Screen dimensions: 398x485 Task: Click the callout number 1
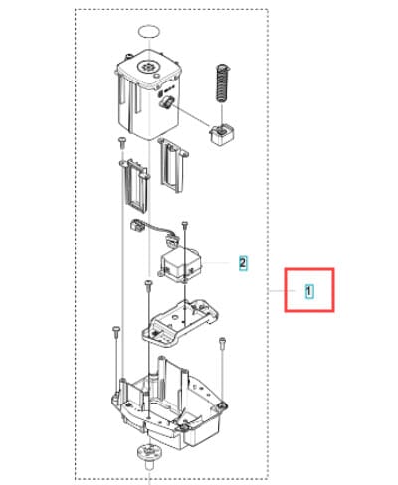click(308, 291)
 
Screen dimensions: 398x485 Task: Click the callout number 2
click(243, 263)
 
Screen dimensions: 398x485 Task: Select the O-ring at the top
click(149, 32)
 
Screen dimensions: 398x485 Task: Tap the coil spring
click(223, 82)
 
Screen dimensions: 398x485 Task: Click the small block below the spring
click(222, 134)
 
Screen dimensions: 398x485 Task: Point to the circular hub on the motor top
click(147, 66)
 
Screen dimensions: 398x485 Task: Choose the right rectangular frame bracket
click(173, 165)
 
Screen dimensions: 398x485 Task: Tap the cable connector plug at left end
click(137, 226)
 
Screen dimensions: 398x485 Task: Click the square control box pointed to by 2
click(181, 264)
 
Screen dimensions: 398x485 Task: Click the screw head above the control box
click(185, 224)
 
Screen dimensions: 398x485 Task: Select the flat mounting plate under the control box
click(180, 324)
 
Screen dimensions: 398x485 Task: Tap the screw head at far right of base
click(222, 340)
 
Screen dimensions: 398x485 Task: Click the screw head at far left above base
click(115, 329)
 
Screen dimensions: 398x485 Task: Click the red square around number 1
click(309, 290)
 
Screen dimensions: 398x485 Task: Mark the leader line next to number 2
click(216, 263)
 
